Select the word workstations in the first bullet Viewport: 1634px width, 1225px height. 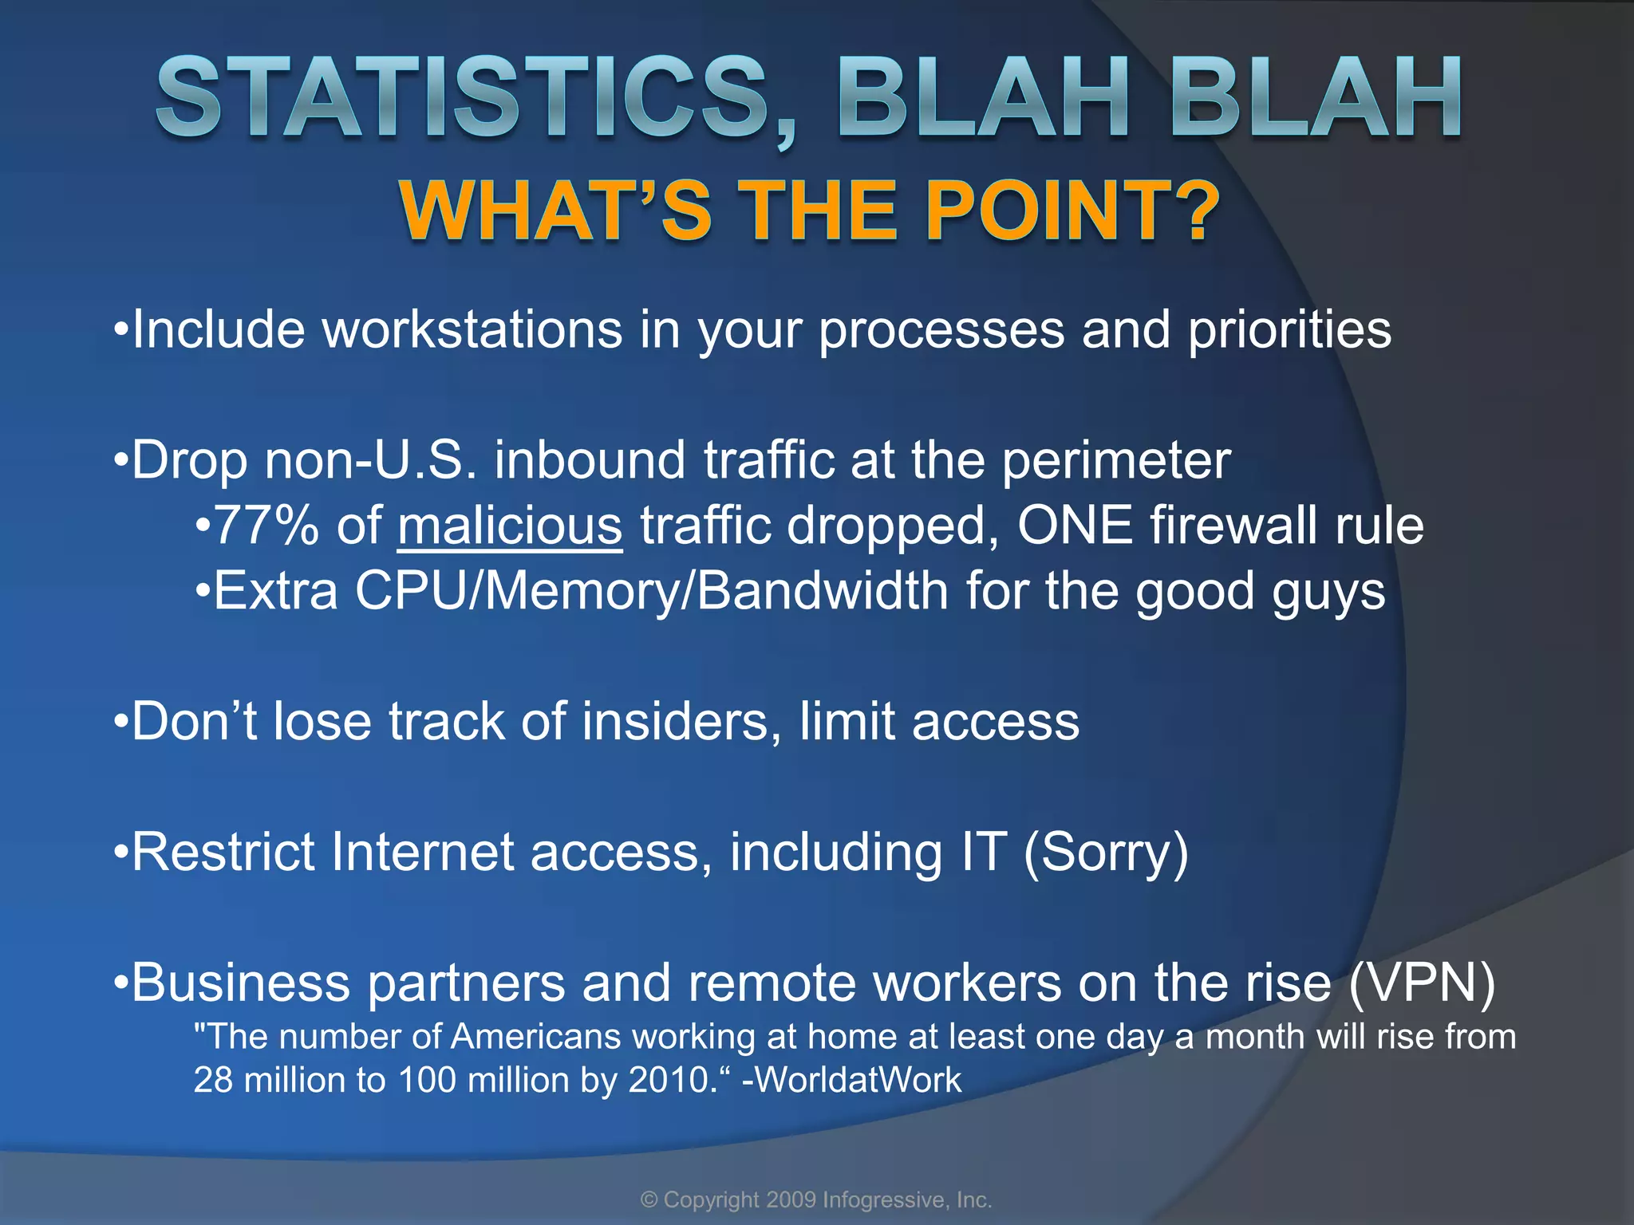point(472,329)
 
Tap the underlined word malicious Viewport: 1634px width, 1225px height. point(510,526)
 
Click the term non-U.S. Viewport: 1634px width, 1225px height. point(370,461)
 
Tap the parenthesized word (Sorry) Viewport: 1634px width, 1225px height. point(1105,853)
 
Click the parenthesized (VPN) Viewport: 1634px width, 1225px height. point(1422,983)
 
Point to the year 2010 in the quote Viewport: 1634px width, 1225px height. point(669,1080)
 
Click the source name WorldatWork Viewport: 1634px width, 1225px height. point(858,1080)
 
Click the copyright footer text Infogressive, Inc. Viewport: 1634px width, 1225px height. point(906,1200)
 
